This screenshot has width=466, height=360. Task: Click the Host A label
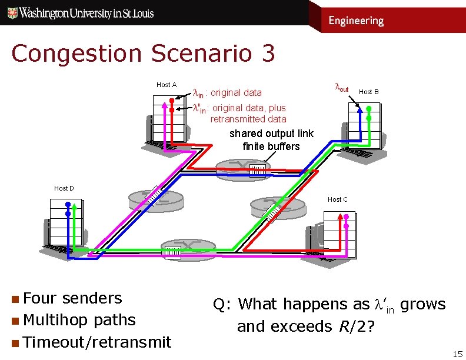[x=167, y=85]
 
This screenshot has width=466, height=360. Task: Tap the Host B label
[x=369, y=92]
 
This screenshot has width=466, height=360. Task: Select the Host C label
[x=337, y=200]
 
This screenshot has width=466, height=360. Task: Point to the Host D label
[x=64, y=188]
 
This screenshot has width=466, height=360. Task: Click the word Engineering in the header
[x=356, y=21]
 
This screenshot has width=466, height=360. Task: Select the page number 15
[x=457, y=354]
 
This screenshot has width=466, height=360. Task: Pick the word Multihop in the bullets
[x=56, y=320]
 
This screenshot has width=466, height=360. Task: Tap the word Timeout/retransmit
[x=97, y=342]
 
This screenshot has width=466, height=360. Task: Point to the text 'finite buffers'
[x=271, y=146]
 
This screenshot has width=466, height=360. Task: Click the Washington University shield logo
[x=11, y=12]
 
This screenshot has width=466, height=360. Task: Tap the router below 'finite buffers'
[x=259, y=169]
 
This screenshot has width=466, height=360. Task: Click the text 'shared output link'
[x=271, y=134]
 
